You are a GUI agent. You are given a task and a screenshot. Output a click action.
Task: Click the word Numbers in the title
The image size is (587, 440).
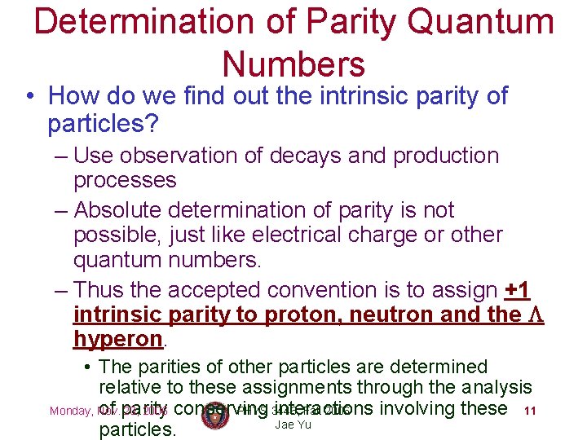(293, 64)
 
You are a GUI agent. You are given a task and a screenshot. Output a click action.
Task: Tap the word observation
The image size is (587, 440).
(177, 155)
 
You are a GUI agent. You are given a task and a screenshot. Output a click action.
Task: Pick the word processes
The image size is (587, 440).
(125, 179)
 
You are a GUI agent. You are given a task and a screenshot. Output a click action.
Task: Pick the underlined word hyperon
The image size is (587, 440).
(118, 338)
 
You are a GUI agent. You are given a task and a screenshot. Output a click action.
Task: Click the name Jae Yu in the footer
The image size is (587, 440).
(293, 425)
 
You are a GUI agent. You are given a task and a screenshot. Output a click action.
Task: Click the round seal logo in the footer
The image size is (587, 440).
(214, 414)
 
